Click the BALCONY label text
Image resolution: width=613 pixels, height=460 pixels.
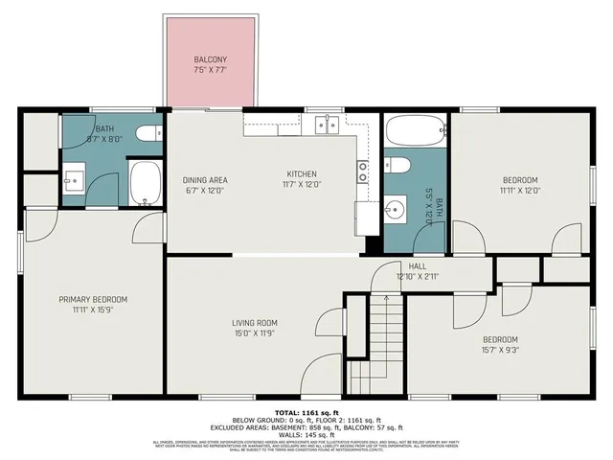click(x=213, y=58)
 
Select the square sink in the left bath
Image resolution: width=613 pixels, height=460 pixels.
click(x=74, y=178)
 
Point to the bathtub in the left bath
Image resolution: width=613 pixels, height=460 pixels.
click(x=146, y=183)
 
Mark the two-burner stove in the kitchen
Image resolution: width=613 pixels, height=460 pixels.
click(x=364, y=172)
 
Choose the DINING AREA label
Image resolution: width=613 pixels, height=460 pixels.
click(x=204, y=179)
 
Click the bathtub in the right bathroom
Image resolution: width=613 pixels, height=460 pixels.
click(x=415, y=129)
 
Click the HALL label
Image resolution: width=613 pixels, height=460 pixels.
click(x=418, y=266)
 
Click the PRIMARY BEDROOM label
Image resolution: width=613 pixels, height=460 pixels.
click(x=92, y=300)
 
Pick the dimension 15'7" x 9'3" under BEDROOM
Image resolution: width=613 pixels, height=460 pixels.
click(x=500, y=350)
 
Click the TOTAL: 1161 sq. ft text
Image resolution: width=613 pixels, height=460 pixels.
click(x=306, y=410)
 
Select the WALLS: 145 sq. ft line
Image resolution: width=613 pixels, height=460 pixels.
click(x=306, y=434)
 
